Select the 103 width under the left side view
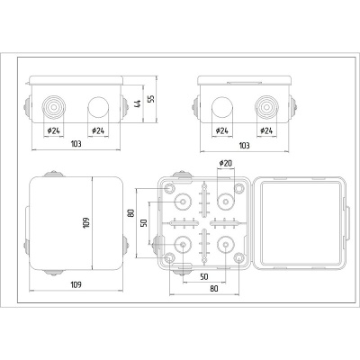pyautogui.click(x=76, y=145)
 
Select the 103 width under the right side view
pyautogui.click(x=243, y=145)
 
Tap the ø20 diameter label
pyautogui.click(x=226, y=163)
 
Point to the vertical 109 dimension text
pyautogui.click(x=87, y=220)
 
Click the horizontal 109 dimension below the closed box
pyautogui.click(x=76, y=285)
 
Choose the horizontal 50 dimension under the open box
pyautogui.click(x=204, y=276)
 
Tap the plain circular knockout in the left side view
pyautogui.click(x=97, y=109)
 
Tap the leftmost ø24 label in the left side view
pyautogui.click(x=53, y=131)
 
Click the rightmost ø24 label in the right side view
pyautogui.click(x=266, y=131)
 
